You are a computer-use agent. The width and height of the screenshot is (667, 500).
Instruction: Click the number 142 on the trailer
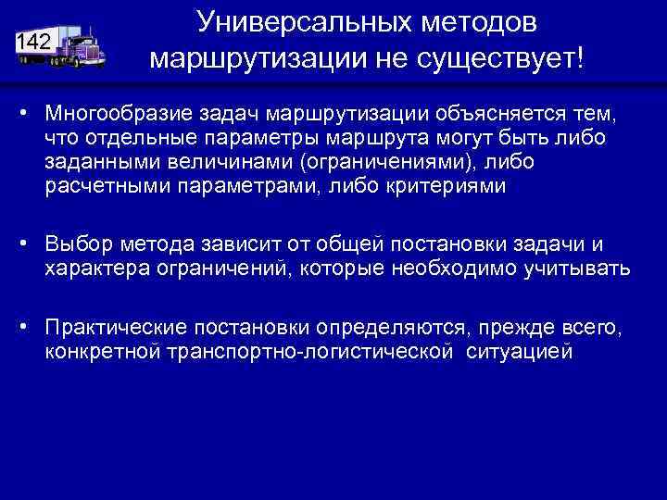[x=33, y=42]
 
